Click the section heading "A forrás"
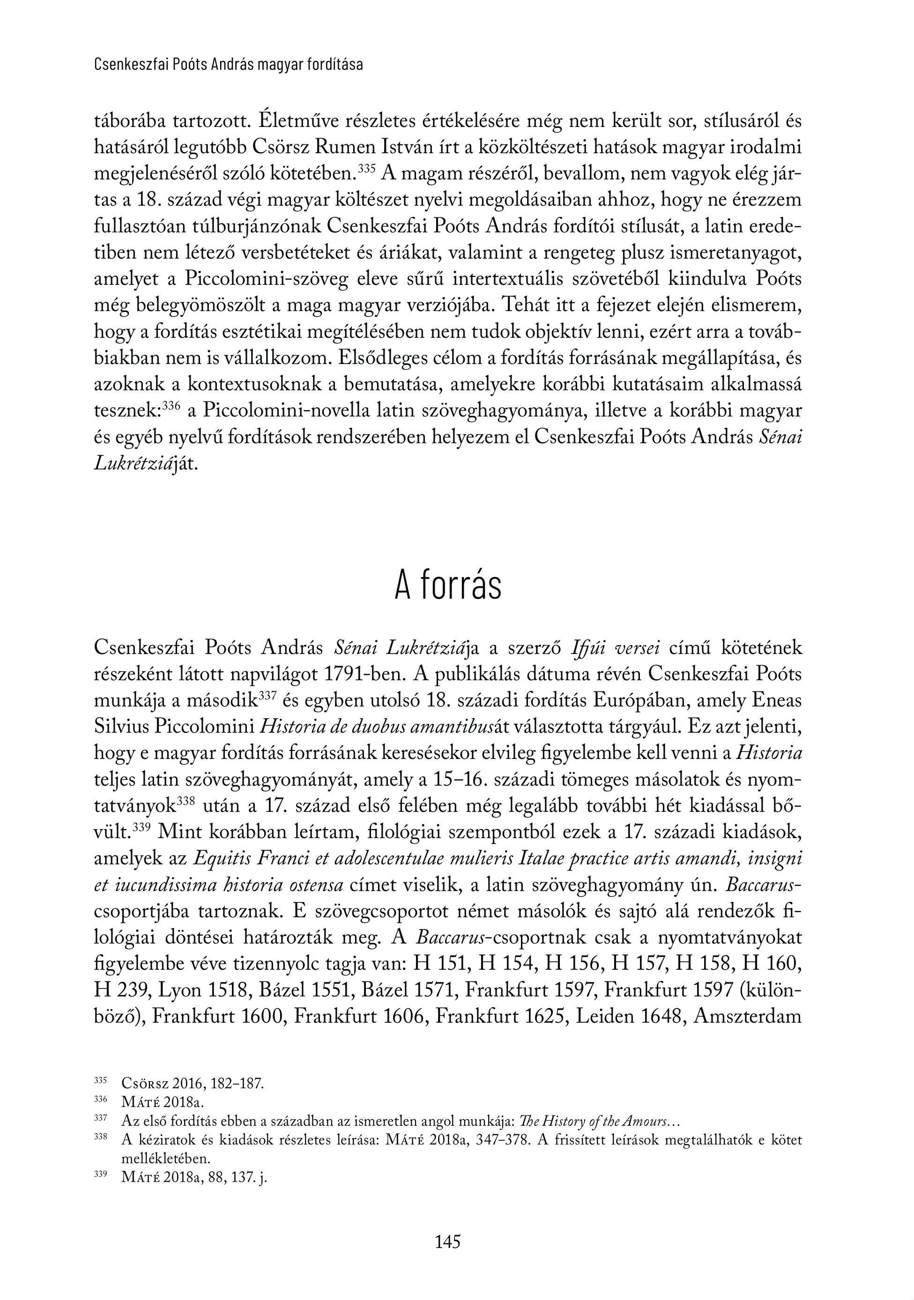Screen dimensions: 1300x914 (447, 587)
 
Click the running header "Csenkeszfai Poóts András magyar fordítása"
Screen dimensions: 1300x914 (228, 65)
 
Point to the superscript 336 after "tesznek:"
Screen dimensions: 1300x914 (171, 405)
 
